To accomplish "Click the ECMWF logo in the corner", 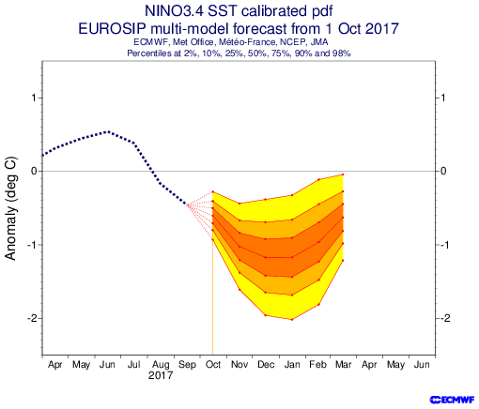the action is coord(452,400).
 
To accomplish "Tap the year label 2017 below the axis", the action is coord(161,375).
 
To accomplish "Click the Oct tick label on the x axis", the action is coord(213,365).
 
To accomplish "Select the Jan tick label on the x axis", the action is coord(292,365).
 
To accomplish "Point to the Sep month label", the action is coord(187,365).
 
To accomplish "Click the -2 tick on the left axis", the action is coord(32,318).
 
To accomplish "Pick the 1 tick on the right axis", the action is coord(442,98).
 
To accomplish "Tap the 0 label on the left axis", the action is coord(34,171).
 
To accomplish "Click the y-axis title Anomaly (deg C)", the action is coord(10,208).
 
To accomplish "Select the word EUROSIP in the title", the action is coord(112,29).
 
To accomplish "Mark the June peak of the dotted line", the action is coord(108,131).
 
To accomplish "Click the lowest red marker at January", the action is coord(292,320).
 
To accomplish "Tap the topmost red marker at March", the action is coord(343,174).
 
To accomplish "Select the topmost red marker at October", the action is coord(213,191).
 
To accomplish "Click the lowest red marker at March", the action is coord(343,260).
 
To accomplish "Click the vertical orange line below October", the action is coord(213,297).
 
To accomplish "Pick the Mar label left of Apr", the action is coord(344,365).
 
